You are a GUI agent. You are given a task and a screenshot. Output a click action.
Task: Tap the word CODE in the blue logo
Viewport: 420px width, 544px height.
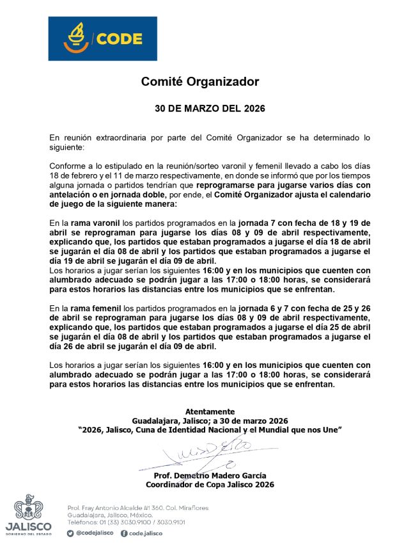[x=120, y=39]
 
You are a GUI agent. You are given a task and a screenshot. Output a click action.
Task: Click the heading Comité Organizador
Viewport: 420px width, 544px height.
[x=200, y=82]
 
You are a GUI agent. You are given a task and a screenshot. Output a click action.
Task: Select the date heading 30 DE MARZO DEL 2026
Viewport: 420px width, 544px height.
[x=210, y=109]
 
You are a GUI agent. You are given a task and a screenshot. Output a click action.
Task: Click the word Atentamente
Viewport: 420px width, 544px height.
[x=210, y=412]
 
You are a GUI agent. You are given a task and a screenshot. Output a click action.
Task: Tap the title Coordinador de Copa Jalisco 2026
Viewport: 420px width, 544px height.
[x=210, y=485]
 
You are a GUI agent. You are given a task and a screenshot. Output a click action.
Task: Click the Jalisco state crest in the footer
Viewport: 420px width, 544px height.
[x=27, y=508]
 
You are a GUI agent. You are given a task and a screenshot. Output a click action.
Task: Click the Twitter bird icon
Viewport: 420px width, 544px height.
[x=70, y=532]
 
